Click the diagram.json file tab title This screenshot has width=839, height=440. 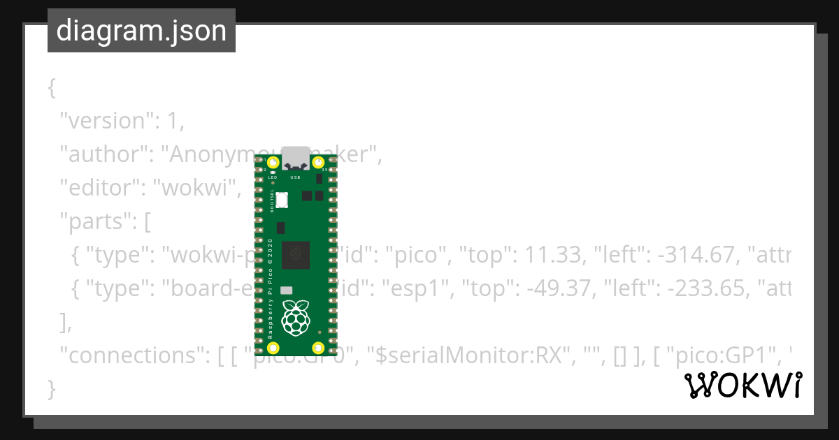(x=141, y=31)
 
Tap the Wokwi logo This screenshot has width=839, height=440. (x=743, y=386)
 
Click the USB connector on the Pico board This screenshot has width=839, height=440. (x=296, y=159)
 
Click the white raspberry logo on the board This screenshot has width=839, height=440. (x=296, y=318)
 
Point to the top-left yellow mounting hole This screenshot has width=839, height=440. (x=273, y=163)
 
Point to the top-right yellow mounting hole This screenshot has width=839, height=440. (x=318, y=163)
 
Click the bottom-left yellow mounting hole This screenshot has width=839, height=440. (x=273, y=348)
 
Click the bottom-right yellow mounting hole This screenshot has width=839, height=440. (x=318, y=348)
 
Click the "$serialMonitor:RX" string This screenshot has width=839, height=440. (x=470, y=355)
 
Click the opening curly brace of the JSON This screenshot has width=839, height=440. (x=51, y=87)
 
